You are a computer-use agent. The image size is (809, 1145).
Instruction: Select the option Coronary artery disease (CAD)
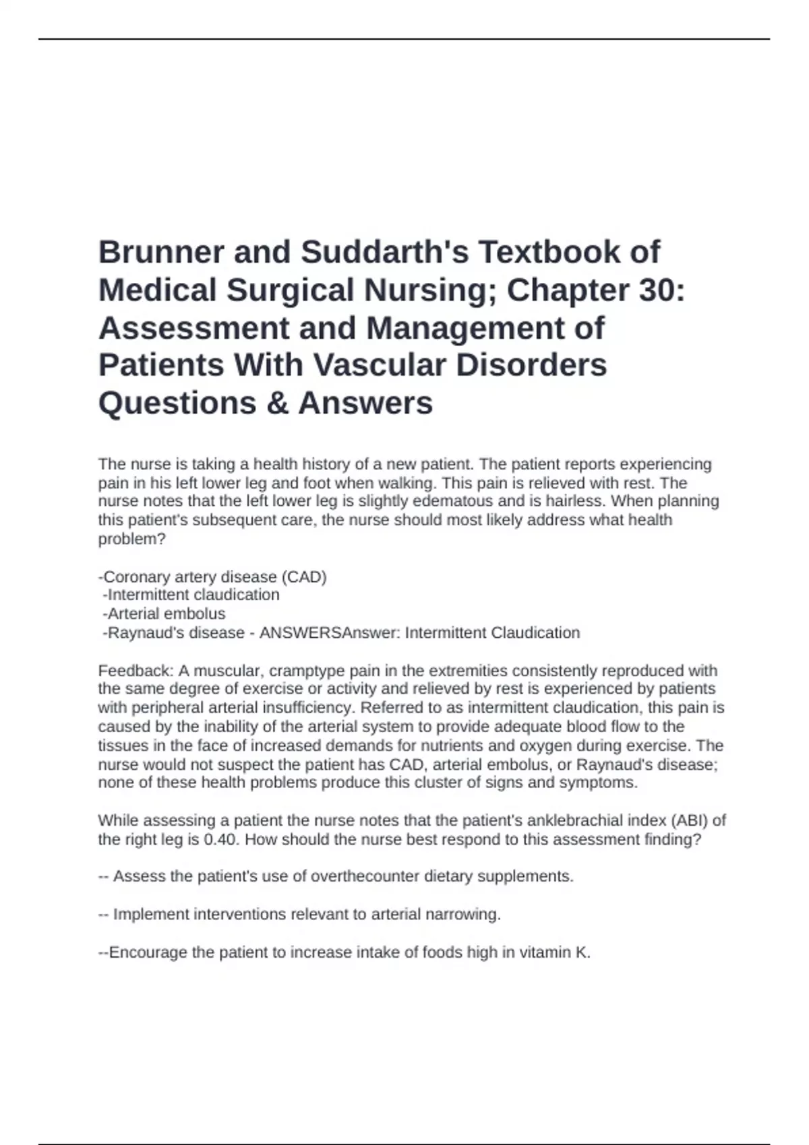pyautogui.click(x=213, y=577)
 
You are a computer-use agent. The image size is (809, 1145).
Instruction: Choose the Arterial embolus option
pyautogui.click(x=164, y=614)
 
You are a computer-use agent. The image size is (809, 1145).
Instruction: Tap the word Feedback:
pyautogui.click(x=136, y=671)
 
